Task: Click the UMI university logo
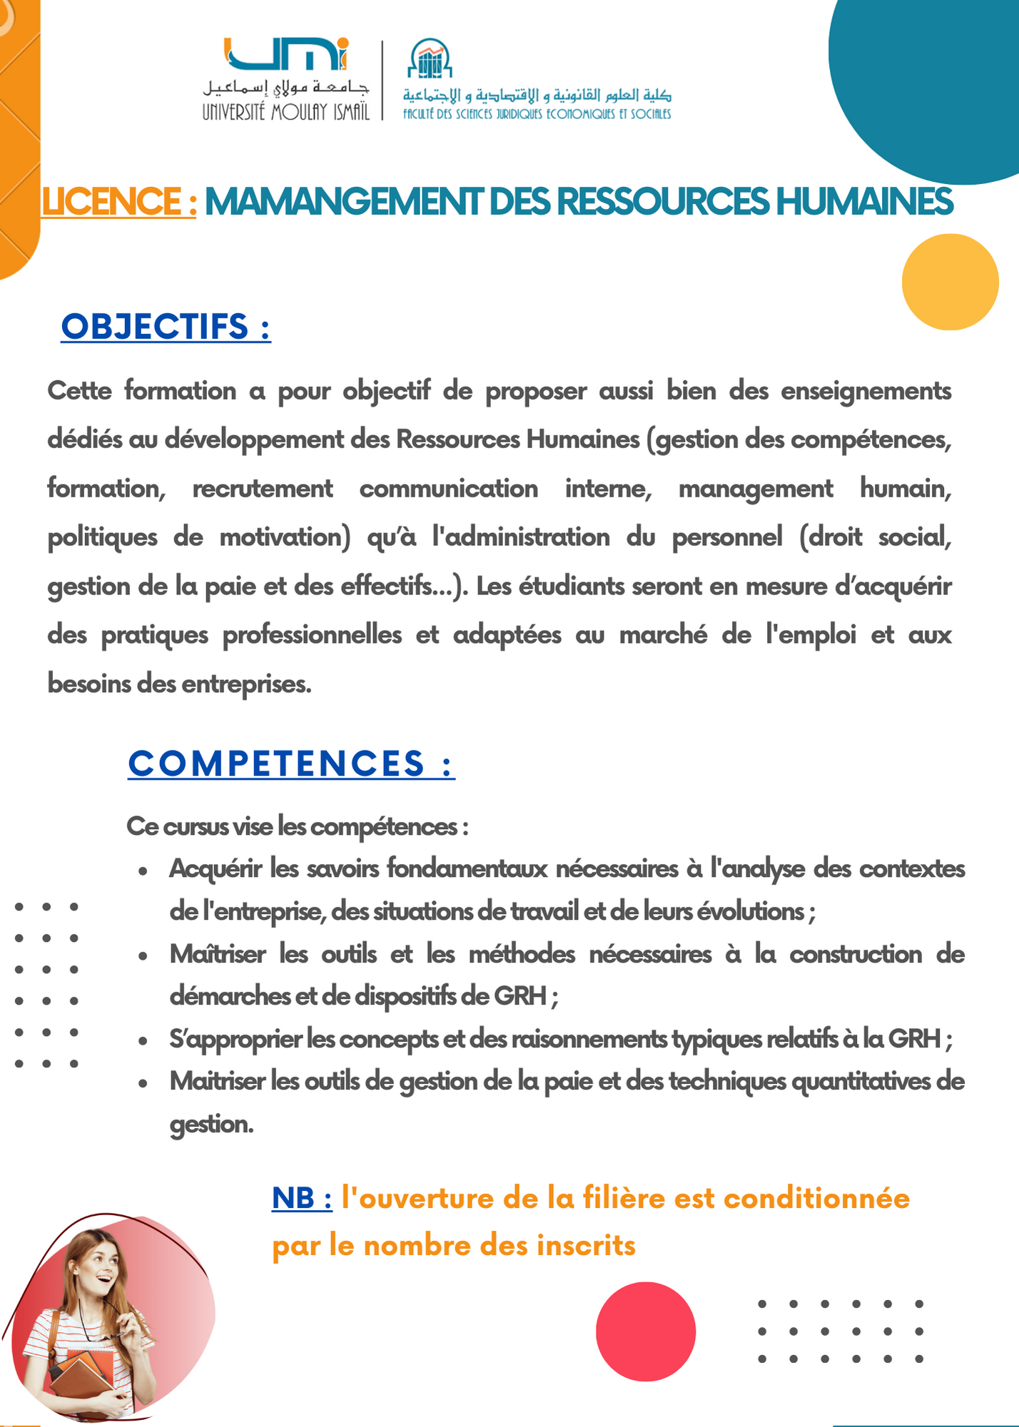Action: [285, 55]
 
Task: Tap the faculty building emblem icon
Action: [430, 59]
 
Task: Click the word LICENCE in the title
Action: [112, 202]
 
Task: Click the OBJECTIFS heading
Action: [156, 327]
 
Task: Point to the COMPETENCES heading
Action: [277, 763]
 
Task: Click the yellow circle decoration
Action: [950, 282]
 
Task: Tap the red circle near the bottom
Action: [646, 1331]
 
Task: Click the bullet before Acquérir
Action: [143, 871]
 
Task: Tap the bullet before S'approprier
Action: [143, 1041]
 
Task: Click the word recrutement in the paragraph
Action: [262, 489]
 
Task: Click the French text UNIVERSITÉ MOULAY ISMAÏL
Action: [285, 112]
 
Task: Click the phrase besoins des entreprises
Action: [179, 684]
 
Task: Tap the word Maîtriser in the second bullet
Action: [217, 955]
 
